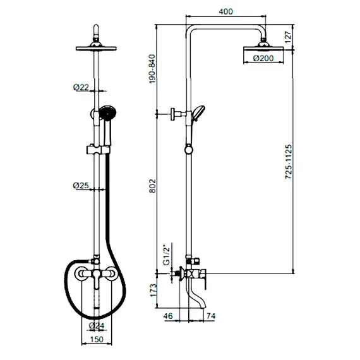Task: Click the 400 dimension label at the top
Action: click(x=225, y=11)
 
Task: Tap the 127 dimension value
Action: click(x=288, y=37)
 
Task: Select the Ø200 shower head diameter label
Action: click(x=263, y=58)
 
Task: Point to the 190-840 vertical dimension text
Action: click(x=152, y=69)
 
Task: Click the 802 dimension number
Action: click(x=152, y=186)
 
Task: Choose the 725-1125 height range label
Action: click(x=289, y=162)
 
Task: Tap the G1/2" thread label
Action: click(x=167, y=256)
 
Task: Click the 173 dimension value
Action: click(x=153, y=290)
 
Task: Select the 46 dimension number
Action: click(x=168, y=316)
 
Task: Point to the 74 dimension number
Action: click(x=211, y=316)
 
